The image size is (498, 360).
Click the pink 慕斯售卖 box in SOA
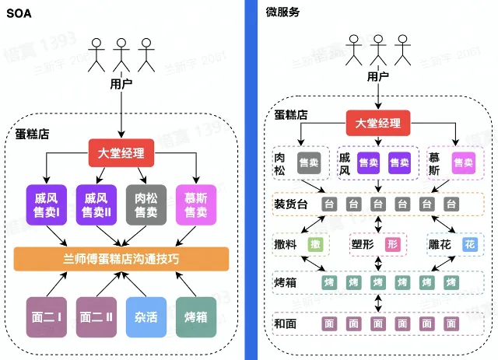point(191,205)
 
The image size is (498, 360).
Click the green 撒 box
point(315,244)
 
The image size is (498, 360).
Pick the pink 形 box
point(393,244)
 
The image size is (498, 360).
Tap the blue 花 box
point(470,244)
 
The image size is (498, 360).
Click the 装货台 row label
point(289,204)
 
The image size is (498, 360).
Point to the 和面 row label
point(284,321)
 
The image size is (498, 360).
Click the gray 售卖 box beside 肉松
point(309,163)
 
